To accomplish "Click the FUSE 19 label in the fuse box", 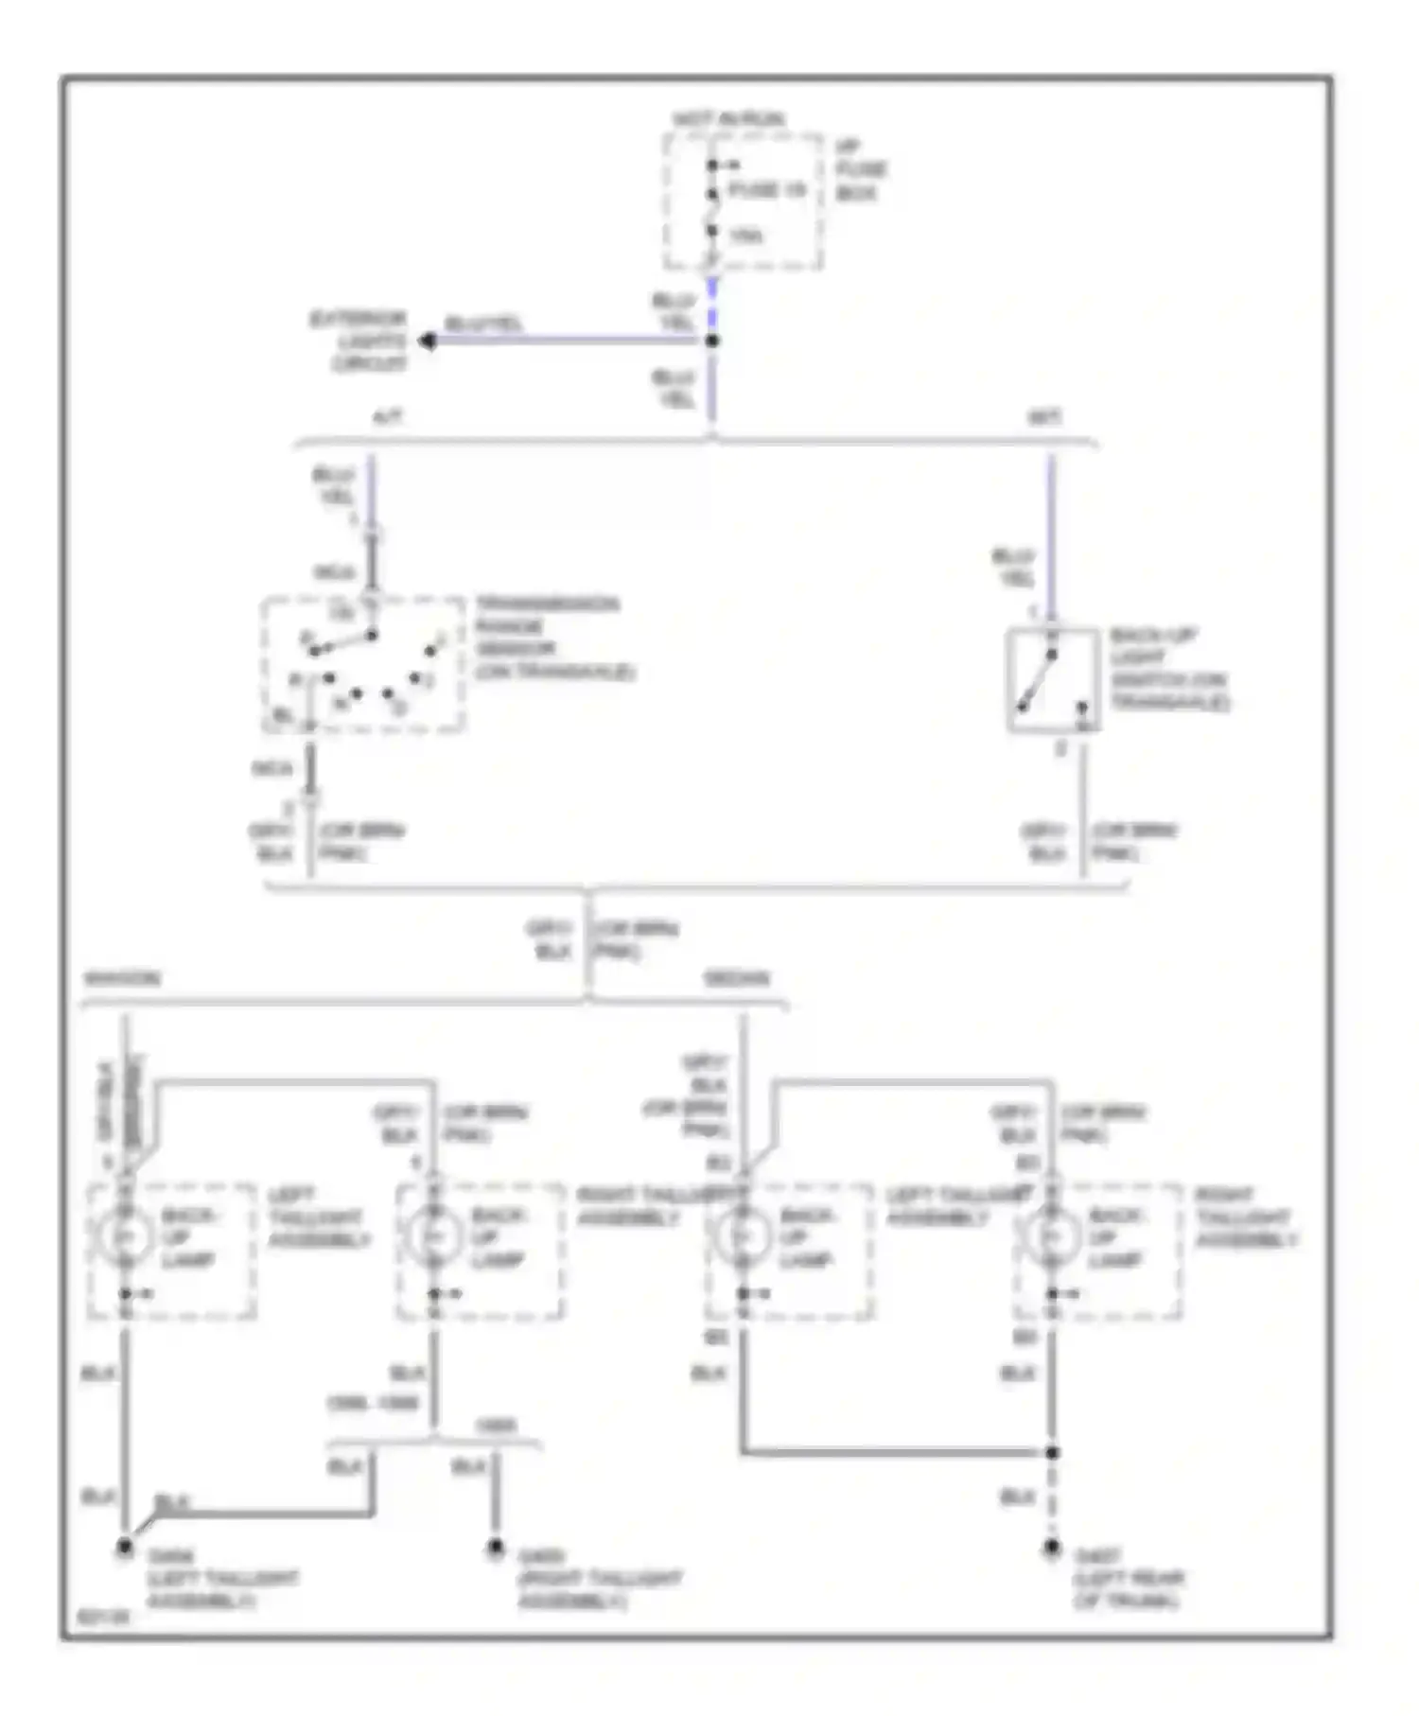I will pos(767,190).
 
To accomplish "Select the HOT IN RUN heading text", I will pos(728,119).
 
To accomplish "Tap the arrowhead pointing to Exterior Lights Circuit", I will pos(428,341).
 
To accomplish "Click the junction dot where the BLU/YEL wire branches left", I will pos(712,341).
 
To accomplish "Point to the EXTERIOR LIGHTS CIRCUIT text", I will pos(359,341).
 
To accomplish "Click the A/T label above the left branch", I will pos(388,417).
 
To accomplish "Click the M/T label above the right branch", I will pos(1044,417).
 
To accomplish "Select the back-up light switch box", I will pos(1052,679).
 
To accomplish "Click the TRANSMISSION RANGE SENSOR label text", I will pos(552,638).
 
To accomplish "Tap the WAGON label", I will pos(123,978).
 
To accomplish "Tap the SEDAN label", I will pos(737,978).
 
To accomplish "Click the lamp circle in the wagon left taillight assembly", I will pos(125,1236).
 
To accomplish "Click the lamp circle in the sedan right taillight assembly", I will pos(1051,1236).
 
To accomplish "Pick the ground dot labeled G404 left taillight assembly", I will pos(124,1548).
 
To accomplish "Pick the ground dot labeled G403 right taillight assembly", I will pos(495,1548).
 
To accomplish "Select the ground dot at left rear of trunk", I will pos(1052,1548).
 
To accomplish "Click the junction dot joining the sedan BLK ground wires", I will pos(1052,1452).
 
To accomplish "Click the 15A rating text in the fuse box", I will pos(745,236).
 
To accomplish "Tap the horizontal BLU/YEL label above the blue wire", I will pos(483,324).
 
